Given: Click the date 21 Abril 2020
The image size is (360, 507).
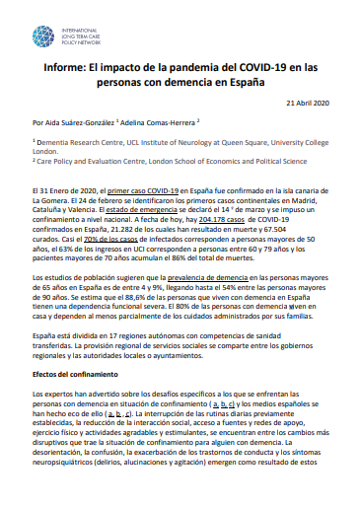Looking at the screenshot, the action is click(309, 104).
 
